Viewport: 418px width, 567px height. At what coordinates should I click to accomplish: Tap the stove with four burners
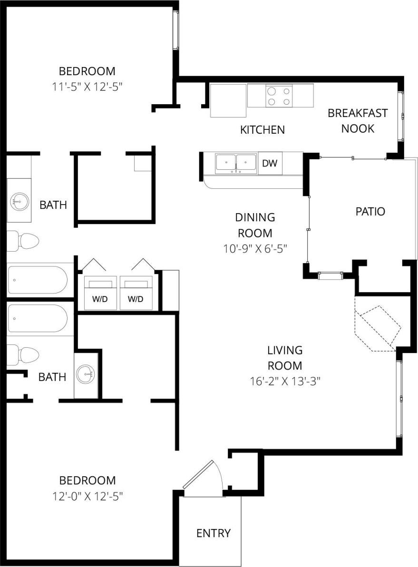pyautogui.click(x=279, y=96)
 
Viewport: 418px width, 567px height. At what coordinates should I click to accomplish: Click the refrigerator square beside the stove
pyautogui.click(x=228, y=100)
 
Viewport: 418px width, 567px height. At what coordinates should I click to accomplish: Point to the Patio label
pyautogui.click(x=370, y=212)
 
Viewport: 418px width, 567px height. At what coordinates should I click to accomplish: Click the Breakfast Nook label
pyautogui.click(x=358, y=121)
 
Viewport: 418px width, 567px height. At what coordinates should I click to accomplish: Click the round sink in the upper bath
pyautogui.click(x=19, y=201)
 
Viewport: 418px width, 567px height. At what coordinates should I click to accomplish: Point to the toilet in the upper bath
pyautogui.click(x=23, y=241)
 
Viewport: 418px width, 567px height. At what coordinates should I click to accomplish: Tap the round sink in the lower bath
pyautogui.click(x=86, y=374)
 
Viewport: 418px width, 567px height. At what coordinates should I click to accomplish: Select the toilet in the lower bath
pyautogui.click(x=23, y=355)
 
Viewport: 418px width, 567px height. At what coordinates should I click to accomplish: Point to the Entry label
pyautogui.click(x=214, y=533)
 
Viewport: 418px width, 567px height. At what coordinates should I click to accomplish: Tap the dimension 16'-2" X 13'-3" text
pyautogui.click(x=284, y=381)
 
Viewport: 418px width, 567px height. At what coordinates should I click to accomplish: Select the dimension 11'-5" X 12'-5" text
pyautogui.click(x=90, y=87)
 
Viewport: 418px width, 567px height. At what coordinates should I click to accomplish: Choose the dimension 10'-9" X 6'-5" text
pyautogui.click(x=255, y=248)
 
